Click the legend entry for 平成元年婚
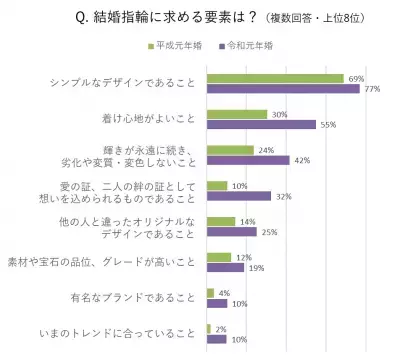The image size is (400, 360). pos(184,46)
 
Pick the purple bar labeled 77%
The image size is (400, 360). pos(282,89)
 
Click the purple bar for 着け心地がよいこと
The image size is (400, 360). pos(260,125)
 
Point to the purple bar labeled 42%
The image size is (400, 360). pos(247,160)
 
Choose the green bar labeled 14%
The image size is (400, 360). pos(220,221)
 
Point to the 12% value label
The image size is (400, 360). pos(243,257)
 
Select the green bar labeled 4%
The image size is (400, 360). pos(209,292)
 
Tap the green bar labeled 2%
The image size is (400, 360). pos(208,328)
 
